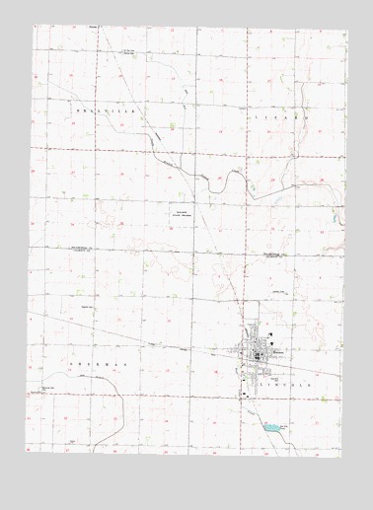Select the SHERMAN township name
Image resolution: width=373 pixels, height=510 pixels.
[84, 363]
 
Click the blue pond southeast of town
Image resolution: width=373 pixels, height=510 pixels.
[267, 427]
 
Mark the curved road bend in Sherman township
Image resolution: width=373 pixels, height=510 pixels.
[115, 395]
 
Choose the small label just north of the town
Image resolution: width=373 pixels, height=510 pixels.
[263, 305]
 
